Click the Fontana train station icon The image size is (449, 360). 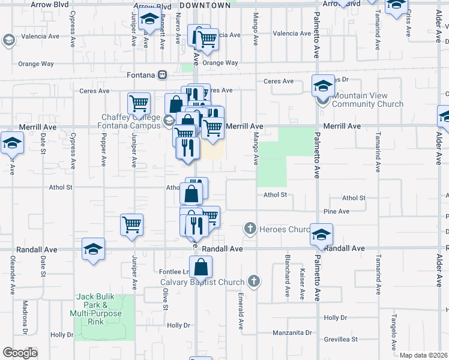pyautogui.click(x=162, y=75)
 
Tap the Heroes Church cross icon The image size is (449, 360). pyautogui.click(x=250, y=229)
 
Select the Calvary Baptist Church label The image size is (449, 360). pyautogui.click(x=202, y=282)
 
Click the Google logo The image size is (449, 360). pyautogui.click(x=20, y=353)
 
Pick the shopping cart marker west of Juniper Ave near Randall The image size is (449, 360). pyautogui.click(x=131, y=224)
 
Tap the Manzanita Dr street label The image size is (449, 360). pyautogui.click(x=292, y=332)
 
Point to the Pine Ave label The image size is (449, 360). pyautogui.click(x=336, y=211)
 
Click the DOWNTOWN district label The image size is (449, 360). pyautogui.click(x=205, y=5)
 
